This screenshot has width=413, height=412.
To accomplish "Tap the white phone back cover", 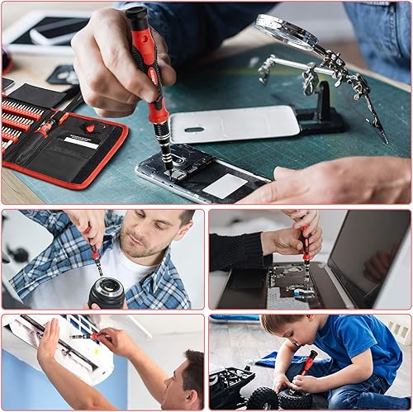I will pyautogui.click(x=235, y=123).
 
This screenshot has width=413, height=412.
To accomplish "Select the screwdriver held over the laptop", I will pyautogui.click(x=306, y=252).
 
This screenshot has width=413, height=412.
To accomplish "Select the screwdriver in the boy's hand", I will pyautogui.click(x=306, y=363).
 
